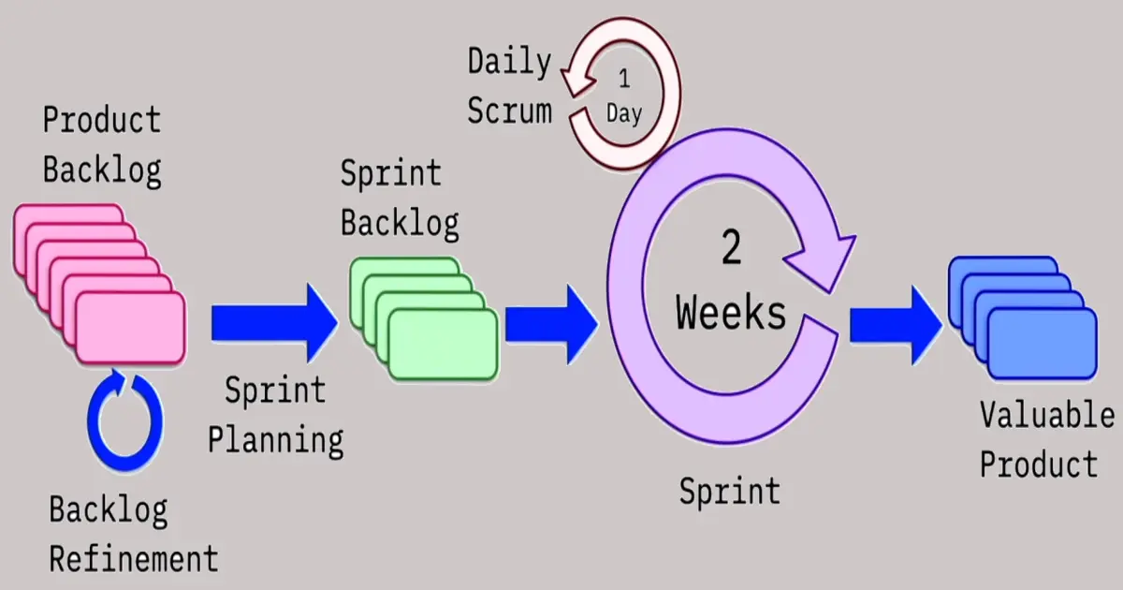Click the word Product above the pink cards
pos(102,121)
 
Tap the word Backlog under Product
pos(102,170)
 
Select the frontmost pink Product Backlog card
pos(130,329)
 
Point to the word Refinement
pos(134,559)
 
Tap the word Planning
pos(275,439)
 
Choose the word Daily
pos(509,63)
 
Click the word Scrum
pos(509,111)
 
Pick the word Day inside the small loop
pos(624,114)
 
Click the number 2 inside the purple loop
pos(732,248)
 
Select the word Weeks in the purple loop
pos(732,313)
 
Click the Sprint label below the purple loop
pos(730,491)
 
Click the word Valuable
pos(1047,416)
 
